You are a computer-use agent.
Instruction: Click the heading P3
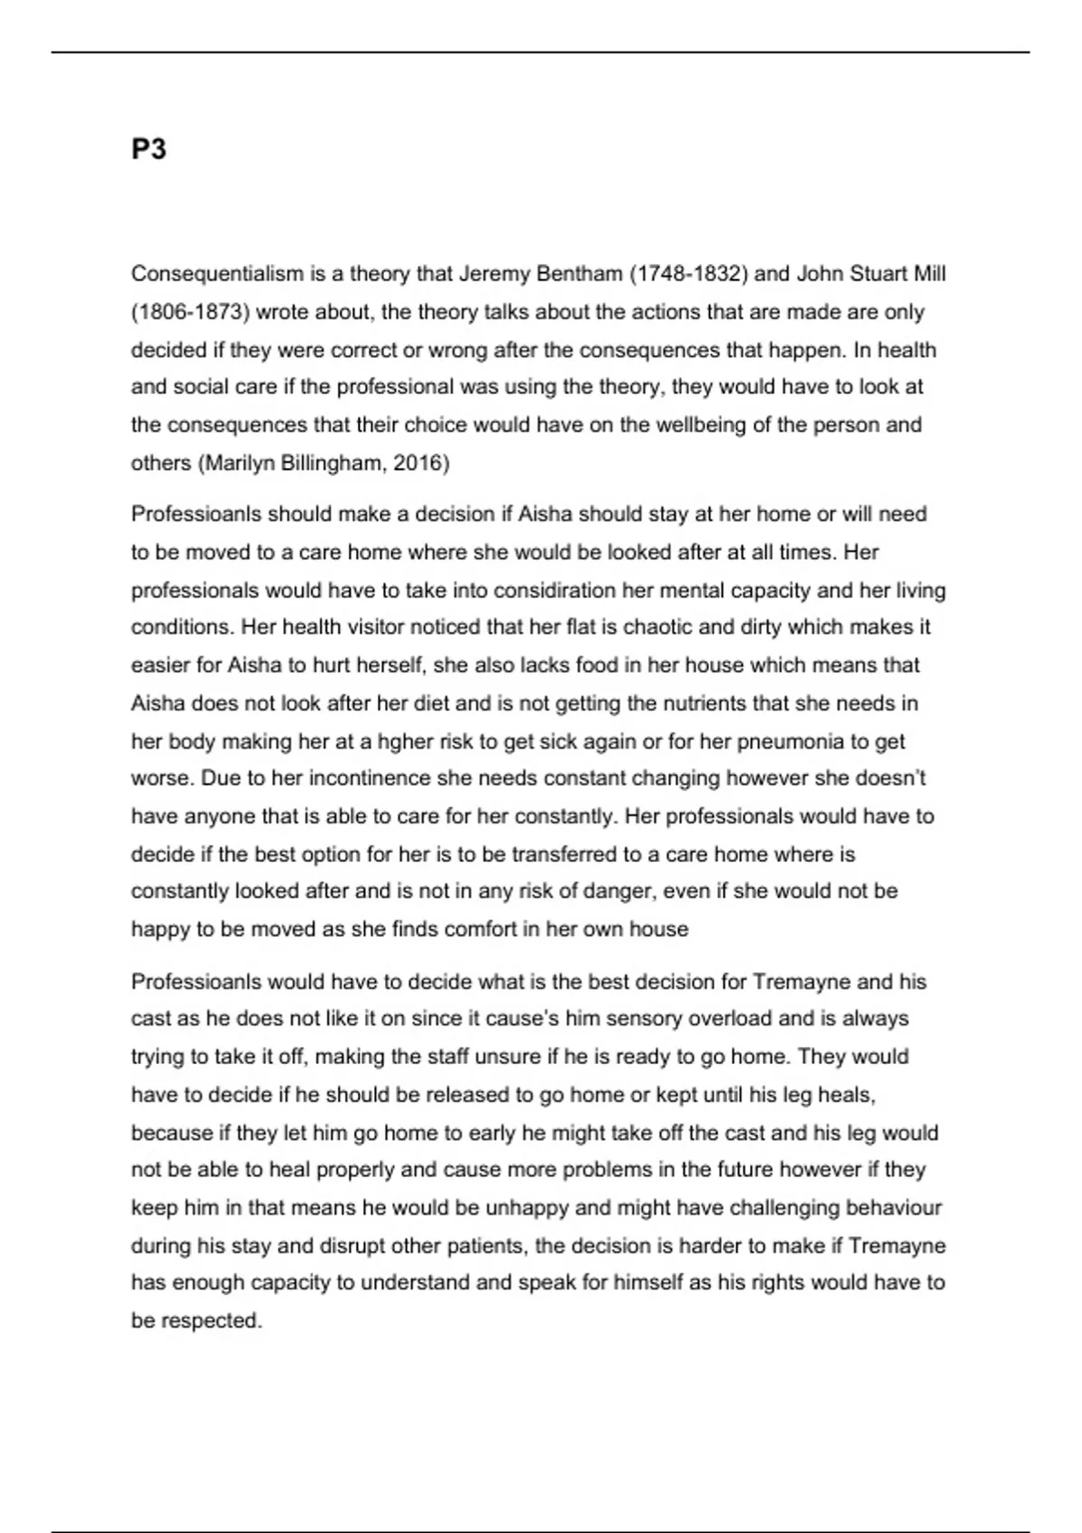coord(149,149)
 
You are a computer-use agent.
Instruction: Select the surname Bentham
coord(578,273)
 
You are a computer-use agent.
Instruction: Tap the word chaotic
coord(661,627)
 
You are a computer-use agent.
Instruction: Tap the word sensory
coord(644,1019)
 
